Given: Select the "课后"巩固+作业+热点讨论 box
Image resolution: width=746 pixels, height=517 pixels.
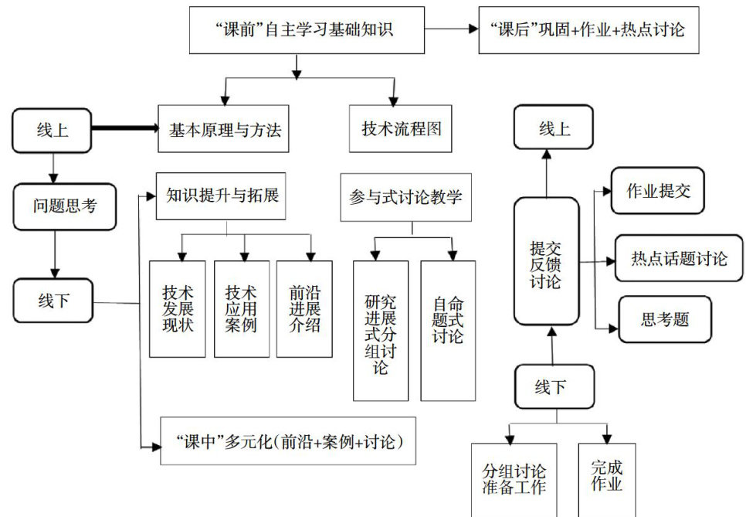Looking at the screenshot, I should click(587, 30).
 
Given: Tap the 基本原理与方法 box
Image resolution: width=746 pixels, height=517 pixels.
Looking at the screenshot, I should click(225, 129).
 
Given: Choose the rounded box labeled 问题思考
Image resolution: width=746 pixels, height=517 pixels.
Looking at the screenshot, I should click(65, 206).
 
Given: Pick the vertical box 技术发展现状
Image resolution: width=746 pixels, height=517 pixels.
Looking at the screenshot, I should click(178, 309).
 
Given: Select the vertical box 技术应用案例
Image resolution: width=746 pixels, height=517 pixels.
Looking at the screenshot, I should click(241, 309).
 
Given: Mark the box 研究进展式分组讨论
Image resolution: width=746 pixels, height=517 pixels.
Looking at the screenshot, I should click(381, 331).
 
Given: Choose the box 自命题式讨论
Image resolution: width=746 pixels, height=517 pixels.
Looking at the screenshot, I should click(448, 331).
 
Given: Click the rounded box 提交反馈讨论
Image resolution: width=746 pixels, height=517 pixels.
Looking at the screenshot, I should click(546, 261).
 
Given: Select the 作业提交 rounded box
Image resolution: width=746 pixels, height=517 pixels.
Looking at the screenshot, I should click(657, 190).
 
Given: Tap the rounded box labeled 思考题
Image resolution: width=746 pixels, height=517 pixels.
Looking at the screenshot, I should click(665, 319).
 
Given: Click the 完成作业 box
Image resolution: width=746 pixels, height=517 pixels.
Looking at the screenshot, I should click(607, 479).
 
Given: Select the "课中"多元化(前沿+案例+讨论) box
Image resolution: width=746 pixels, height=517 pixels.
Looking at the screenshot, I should click(287, 441).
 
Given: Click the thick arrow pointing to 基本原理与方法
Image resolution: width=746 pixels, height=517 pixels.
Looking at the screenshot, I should click(124, 129).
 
